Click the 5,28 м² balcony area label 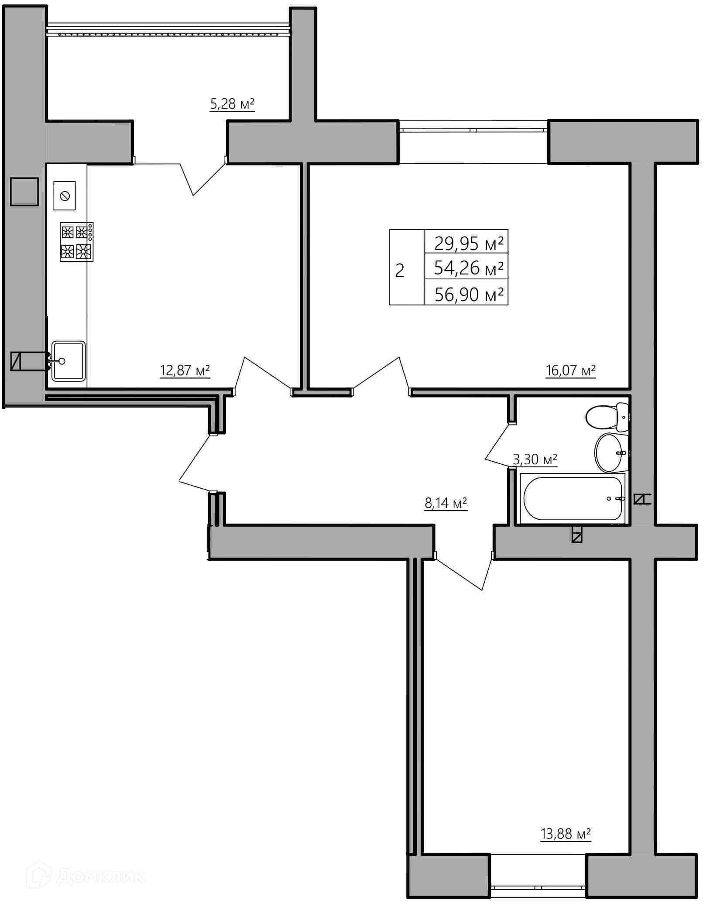232,104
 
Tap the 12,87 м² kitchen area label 185,370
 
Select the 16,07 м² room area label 571,370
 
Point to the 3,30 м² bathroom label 535,459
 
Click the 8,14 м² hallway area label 446,503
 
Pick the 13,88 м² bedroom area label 565,834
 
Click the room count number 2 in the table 400,271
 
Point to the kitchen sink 69,361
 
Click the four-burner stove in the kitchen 77,242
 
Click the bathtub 572,498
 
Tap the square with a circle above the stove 65,195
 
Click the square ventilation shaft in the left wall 24,191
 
